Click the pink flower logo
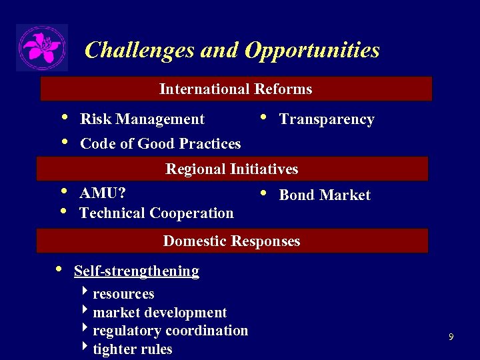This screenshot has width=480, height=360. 42,47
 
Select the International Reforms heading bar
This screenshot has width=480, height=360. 236,89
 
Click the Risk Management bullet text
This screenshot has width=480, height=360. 142,119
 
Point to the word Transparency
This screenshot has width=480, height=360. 327,119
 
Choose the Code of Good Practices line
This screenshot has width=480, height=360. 160,143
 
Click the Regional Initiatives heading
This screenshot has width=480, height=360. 232,169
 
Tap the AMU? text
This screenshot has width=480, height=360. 103,193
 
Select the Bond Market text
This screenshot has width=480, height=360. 325,195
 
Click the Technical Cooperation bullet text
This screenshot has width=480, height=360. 157,213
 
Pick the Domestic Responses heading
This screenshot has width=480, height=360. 232,241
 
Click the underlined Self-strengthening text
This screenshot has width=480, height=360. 137,271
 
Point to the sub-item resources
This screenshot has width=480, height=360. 123,294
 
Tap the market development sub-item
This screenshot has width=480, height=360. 160,313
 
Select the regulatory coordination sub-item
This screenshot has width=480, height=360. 171,331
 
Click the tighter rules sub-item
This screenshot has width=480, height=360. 133,349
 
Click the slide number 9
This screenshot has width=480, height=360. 451,337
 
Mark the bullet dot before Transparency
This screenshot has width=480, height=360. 263,118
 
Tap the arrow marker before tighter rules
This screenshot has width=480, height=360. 85,348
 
